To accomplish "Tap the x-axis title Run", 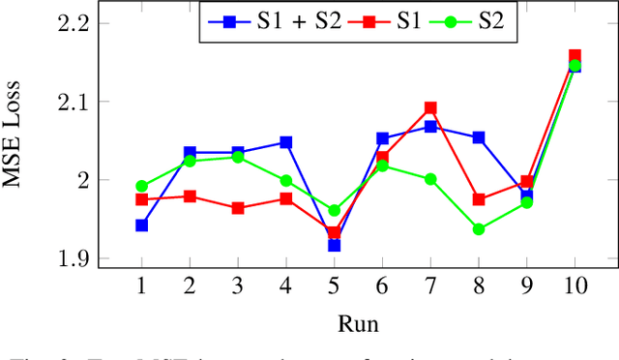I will pos(358,322).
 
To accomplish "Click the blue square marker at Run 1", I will pos(141,225).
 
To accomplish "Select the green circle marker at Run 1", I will pos(141,186).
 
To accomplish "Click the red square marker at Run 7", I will pos(430,108).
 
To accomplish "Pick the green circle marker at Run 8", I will pos(479,229).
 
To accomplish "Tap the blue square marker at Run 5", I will pos(334,246).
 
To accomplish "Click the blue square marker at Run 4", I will pos(286,142).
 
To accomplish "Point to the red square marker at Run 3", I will pos(238,208).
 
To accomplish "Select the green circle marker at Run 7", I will pos(430,179).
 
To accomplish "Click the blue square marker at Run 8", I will pos(479,137).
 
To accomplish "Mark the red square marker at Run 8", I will pos(479,199).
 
